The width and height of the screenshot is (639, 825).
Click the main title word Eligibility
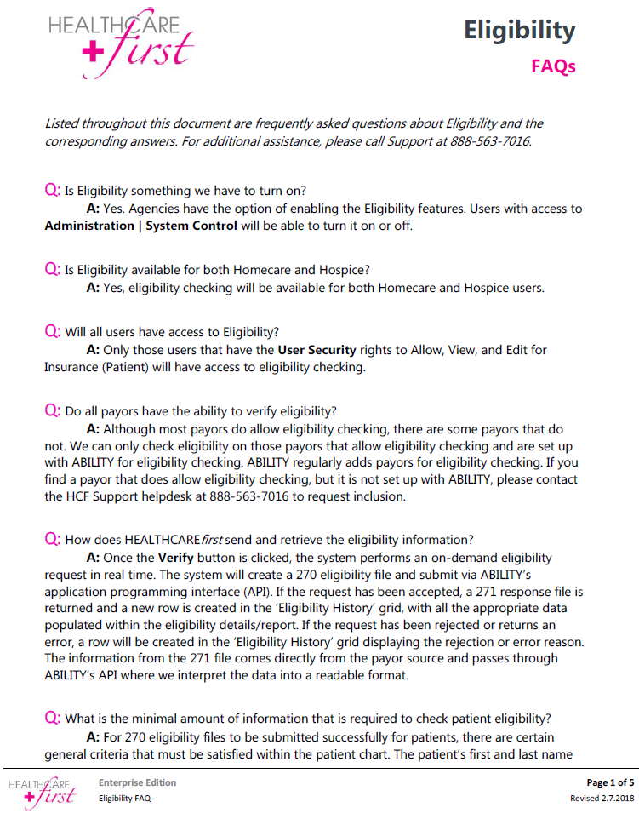click(519, 32)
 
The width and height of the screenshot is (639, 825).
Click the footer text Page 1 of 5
click(610, 782)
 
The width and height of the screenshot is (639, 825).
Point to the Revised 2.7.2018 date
click(602, 799)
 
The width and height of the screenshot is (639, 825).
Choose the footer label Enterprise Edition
click(137, 782)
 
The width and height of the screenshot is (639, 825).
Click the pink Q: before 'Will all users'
click(53, 330)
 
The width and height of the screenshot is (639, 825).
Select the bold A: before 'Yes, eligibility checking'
click(94, 288)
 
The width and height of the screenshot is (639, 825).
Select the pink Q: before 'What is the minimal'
click(53, 718)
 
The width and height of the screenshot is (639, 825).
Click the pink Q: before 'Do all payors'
click(53, 410)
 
